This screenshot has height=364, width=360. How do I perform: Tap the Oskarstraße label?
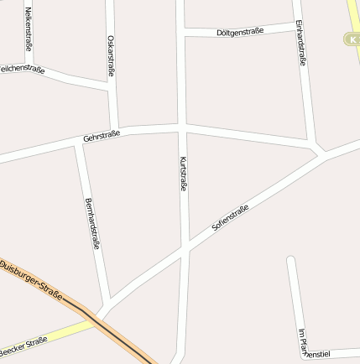tap(112, 55)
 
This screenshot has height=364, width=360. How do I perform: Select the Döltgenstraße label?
tap(239, 32)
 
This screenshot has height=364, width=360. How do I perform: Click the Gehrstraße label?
tap(102, 135)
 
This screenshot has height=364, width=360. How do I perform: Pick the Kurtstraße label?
tap(182, 174)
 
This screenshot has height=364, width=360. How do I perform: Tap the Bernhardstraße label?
tap(92, 224)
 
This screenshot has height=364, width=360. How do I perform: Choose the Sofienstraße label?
tap(230, 219)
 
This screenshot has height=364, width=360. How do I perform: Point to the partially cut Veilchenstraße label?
tap(22, 69)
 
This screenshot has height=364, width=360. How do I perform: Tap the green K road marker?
tap(352, 39)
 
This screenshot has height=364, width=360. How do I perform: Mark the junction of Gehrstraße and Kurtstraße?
tap(181, 127)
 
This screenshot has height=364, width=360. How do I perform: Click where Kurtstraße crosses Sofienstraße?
tap(185, 248)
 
